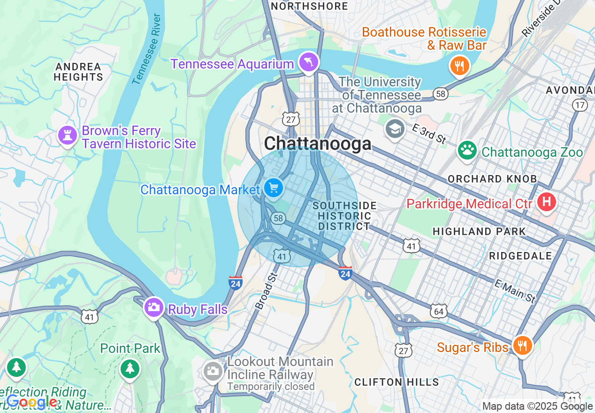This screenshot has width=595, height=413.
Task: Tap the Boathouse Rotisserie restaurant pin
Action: click(x=459, y=66)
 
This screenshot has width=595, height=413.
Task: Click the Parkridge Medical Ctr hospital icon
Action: click(x=546, y=202)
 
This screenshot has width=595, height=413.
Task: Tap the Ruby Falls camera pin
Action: click(x=153, y=307)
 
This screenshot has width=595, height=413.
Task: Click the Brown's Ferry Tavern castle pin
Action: click(x=67, y=136)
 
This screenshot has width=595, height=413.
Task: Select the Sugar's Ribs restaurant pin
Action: click(x=521, y=346)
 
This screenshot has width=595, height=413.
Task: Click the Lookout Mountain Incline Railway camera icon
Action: click(x=213, y=371)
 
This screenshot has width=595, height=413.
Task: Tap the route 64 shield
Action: click(x=439, y=311)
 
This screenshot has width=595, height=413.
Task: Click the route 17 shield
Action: click(x=580, y=105)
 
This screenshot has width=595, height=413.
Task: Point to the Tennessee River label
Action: click(x=147, y=50)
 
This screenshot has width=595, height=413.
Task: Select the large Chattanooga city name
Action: click(x=318, y=143)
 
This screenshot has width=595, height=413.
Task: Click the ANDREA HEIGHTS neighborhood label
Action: click(x=78, y=72)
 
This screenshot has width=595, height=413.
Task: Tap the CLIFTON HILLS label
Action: click(x=397, y=382)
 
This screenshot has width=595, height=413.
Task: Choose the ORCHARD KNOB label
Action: click(x=492, y=179)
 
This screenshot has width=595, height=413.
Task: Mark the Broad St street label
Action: click(x=266, y=292)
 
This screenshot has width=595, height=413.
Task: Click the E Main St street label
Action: click(x=515, y=291)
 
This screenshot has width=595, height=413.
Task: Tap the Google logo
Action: click(x=31, y=402)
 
